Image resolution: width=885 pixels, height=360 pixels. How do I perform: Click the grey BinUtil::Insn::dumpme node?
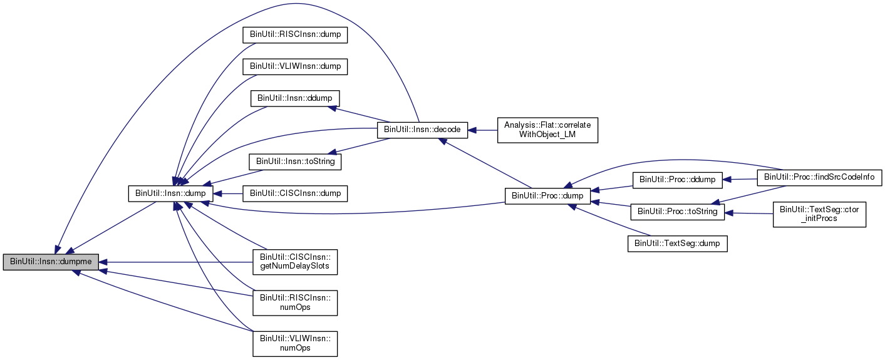[51, 262]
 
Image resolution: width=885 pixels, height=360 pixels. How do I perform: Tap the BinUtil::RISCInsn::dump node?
[295, 34]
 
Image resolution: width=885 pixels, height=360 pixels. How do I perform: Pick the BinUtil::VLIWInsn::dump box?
[295, 66]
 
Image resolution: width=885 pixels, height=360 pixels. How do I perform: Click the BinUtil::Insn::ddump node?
[295, 98]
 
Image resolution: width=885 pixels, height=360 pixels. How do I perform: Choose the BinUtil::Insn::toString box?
[295, 162]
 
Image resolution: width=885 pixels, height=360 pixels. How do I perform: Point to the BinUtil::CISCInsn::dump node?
[295, 193]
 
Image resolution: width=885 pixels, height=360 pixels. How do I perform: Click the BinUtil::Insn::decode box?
[422, 130]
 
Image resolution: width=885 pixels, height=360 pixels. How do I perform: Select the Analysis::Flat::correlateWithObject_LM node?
[547, 130]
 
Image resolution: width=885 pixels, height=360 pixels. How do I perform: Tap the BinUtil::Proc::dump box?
[547, 196]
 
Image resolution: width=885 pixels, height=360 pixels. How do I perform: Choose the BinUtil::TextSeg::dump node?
[677, 243]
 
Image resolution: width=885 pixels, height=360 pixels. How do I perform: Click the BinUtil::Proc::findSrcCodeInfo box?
[819, 178]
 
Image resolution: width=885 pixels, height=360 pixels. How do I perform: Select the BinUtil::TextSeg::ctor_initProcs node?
[819, 214]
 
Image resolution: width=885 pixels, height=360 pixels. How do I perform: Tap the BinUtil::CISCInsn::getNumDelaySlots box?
[295, 262]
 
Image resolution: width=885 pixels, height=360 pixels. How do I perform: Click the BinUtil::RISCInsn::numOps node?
[295, 302]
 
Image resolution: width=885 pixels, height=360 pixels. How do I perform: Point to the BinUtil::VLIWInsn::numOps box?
[295, 344]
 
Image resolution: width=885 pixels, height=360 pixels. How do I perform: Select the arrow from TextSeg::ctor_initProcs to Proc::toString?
[749, 213]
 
